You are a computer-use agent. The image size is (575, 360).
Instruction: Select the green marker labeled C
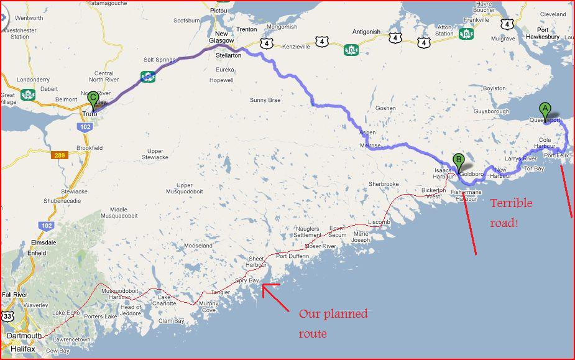point(93,98)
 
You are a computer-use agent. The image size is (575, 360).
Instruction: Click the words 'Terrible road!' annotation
point(511,213)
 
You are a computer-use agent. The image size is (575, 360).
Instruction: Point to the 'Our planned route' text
point(333,323)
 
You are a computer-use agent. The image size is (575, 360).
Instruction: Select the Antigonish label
point(366,32)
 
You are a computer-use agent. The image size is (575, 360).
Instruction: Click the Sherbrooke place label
point(383,184)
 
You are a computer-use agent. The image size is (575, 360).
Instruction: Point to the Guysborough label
point(491,111)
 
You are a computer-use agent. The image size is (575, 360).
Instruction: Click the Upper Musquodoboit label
point(193,189)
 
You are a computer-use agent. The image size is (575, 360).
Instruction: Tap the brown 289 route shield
point(59,154)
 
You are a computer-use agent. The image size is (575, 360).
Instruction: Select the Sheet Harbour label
point(257,262)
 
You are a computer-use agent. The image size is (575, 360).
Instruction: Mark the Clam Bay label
point(172,321)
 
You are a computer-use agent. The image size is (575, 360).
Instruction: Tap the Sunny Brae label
point(265,99)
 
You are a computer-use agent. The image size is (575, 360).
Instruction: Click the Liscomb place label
point(379,222)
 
